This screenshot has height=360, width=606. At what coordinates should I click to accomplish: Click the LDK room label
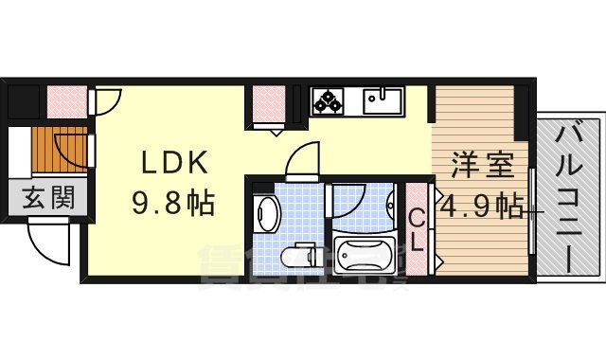coord(175,163)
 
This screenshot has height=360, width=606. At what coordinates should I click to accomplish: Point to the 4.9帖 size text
coord(480,204)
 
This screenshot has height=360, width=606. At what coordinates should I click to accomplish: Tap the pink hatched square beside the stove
coord(268,105)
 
